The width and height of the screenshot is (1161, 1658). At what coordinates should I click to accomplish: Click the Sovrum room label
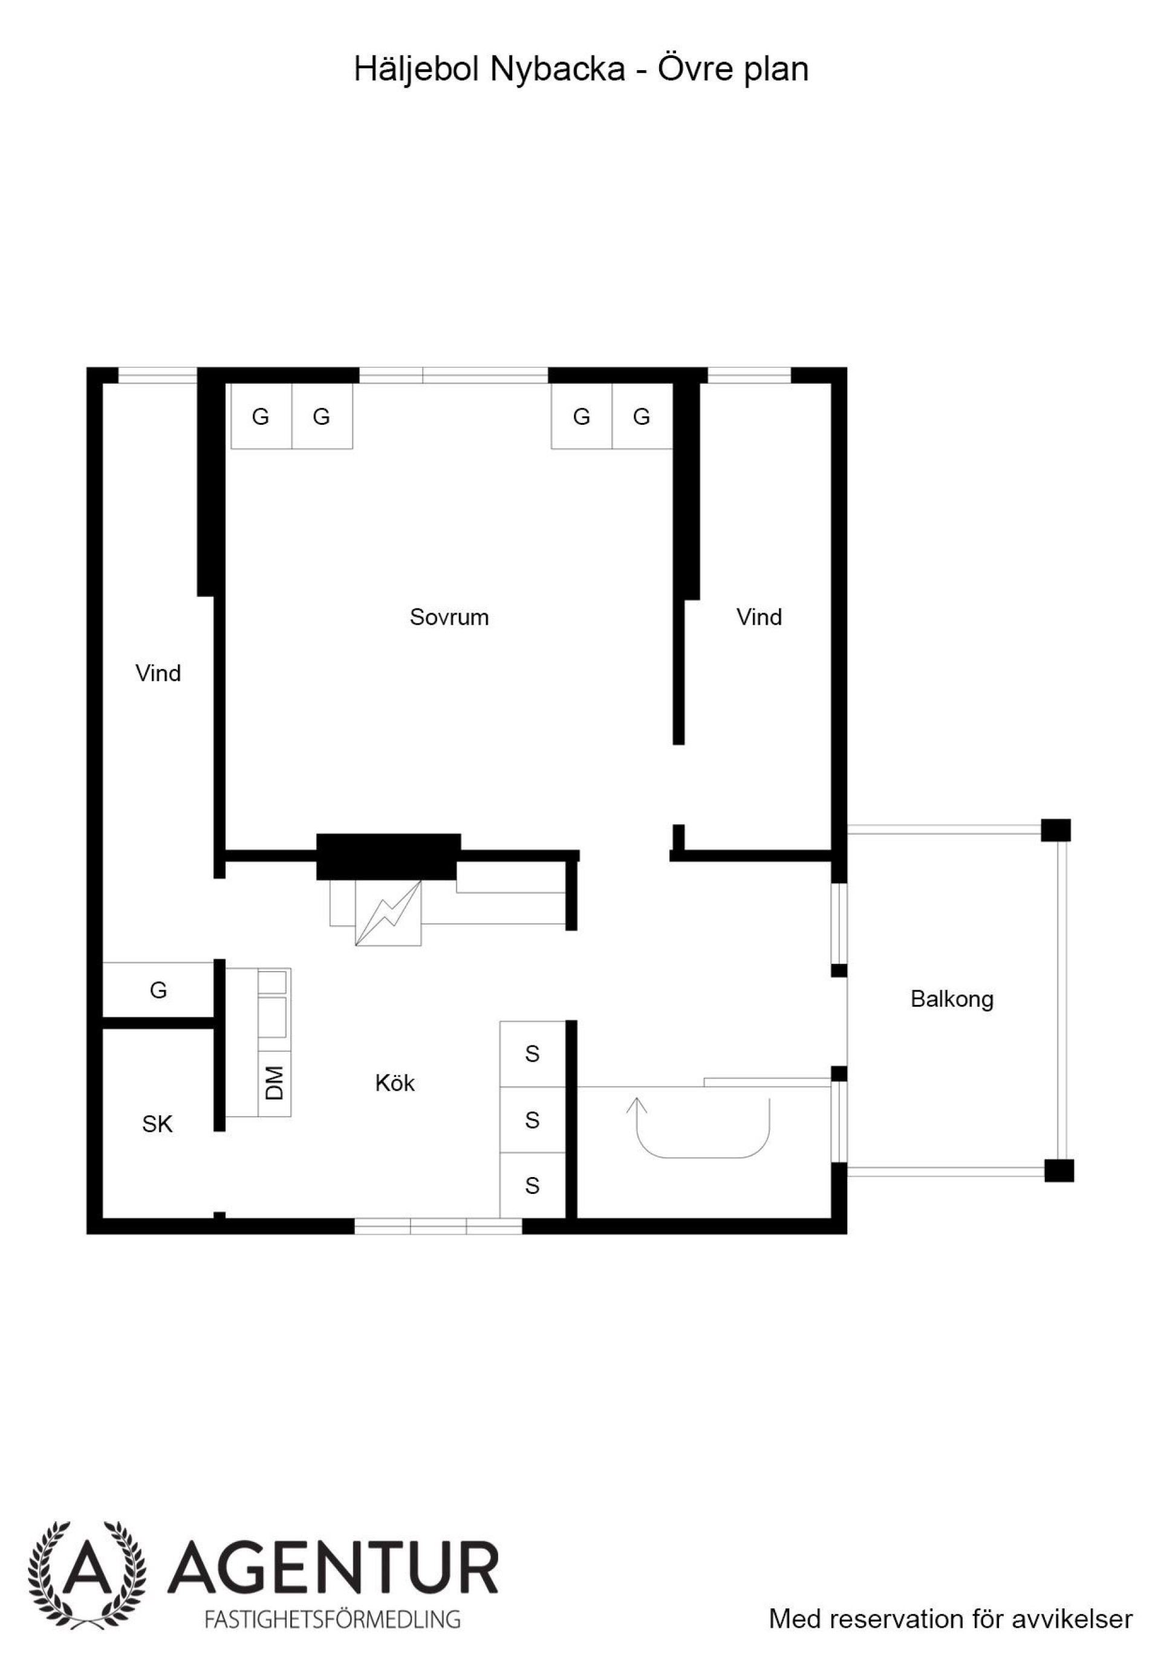click(x=449, y=618)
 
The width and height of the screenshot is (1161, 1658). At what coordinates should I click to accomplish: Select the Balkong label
click(x=952, y=999)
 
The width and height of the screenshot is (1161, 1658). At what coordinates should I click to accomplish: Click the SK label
click(x=157, y=1124)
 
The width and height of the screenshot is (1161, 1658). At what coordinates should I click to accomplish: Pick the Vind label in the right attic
click(x=759, y=618)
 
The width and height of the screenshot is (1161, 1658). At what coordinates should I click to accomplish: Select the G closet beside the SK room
click(x=158, y=990)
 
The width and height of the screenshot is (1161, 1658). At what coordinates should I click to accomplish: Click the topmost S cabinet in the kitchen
click(x=533, y=1054)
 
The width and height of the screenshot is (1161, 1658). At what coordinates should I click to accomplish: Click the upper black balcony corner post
click(x=1056, y=830)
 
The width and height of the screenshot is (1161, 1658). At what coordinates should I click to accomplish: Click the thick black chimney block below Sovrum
click(x=388, y=857)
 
